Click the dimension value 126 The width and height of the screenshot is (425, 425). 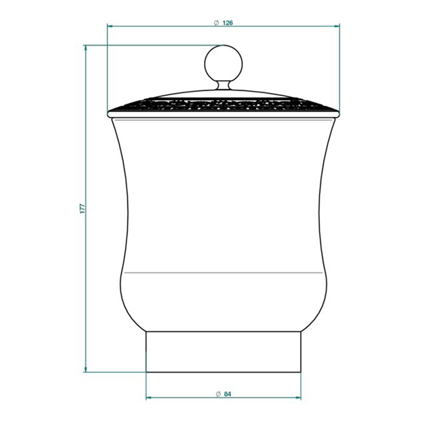228,22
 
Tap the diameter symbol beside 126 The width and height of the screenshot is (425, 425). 216,22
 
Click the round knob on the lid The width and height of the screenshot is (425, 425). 223,63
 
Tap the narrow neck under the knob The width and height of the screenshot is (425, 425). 223,86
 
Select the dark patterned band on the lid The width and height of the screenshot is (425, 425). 223,105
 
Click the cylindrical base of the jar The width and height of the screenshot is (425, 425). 223,352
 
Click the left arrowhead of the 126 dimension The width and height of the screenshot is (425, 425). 110,26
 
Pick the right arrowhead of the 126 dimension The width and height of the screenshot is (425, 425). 336,26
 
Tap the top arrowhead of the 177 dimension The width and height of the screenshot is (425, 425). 86,48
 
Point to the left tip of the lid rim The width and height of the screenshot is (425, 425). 109,113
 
